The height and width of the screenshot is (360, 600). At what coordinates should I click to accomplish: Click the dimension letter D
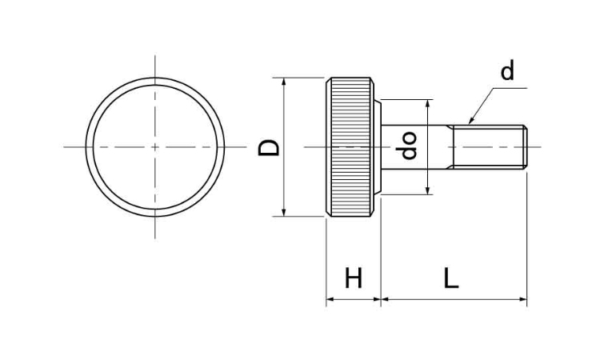tap(270, 147)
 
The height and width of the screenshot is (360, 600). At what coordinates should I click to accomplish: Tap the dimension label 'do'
tap(408, 146)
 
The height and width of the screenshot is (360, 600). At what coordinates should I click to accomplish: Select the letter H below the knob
tap(353, 278)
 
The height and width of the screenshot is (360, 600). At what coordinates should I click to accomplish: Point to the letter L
tap(451, 278)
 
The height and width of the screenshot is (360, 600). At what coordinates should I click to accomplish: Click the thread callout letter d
tap(507, 70)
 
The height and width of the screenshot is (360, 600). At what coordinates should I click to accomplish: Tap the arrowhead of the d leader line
tap(471, 120)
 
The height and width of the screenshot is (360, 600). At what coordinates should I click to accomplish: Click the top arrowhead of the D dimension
tap(283, 81)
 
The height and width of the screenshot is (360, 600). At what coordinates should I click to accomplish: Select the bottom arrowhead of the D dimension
tap(283, 213)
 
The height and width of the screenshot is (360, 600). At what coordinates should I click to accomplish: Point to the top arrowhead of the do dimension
tap(429, 103)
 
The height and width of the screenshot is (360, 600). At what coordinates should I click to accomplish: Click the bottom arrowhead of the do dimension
tap(429, 190)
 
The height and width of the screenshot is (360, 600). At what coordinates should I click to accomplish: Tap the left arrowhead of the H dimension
tap(330, 299)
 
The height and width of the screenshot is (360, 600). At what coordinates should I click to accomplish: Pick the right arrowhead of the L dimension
tap(523, 299)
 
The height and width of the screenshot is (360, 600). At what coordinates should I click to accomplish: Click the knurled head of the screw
tap(350, 147)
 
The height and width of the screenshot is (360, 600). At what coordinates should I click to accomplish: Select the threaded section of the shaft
tap(488, 147)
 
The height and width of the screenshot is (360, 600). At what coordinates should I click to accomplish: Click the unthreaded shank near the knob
tap(414, 147)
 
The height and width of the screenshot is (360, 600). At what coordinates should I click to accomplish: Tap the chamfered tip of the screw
tap(526, 147)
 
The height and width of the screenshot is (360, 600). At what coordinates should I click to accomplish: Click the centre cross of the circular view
tap(155, 147)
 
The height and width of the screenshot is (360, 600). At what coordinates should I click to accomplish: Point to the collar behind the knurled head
tap(378, 147)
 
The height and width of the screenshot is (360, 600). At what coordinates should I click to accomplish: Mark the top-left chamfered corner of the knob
tap(329, 80)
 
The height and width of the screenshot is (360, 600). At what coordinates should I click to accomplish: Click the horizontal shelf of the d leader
tap(510, 88)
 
